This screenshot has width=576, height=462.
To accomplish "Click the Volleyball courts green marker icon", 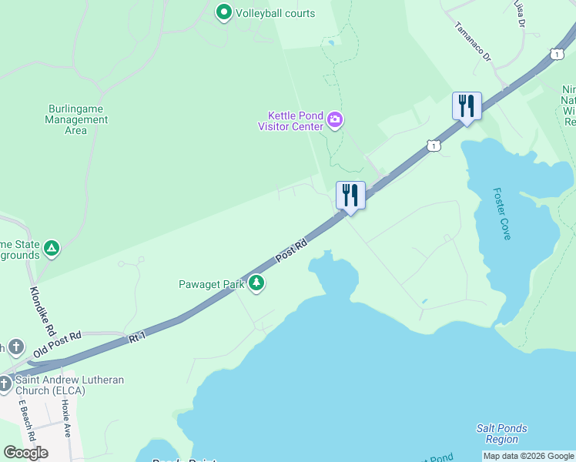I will point(224,12).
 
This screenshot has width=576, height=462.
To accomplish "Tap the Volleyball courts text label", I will point(275,13).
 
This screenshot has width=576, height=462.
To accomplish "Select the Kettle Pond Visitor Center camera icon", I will point(335,119).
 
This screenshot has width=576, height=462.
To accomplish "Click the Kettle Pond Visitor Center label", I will point(290,121).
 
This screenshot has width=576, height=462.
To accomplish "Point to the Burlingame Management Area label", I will point(75,119).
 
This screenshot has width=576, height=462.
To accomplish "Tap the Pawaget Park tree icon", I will point(256,284).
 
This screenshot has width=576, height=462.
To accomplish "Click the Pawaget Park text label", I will point(212,284).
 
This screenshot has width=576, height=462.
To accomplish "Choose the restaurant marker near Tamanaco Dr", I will point(467,105).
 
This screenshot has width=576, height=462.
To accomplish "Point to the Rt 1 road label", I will point(137,337).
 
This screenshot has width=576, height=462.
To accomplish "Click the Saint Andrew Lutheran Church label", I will point(71,385).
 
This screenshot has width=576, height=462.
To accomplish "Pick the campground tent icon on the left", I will point(52,248).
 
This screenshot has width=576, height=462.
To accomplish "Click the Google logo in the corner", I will point(25,452).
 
